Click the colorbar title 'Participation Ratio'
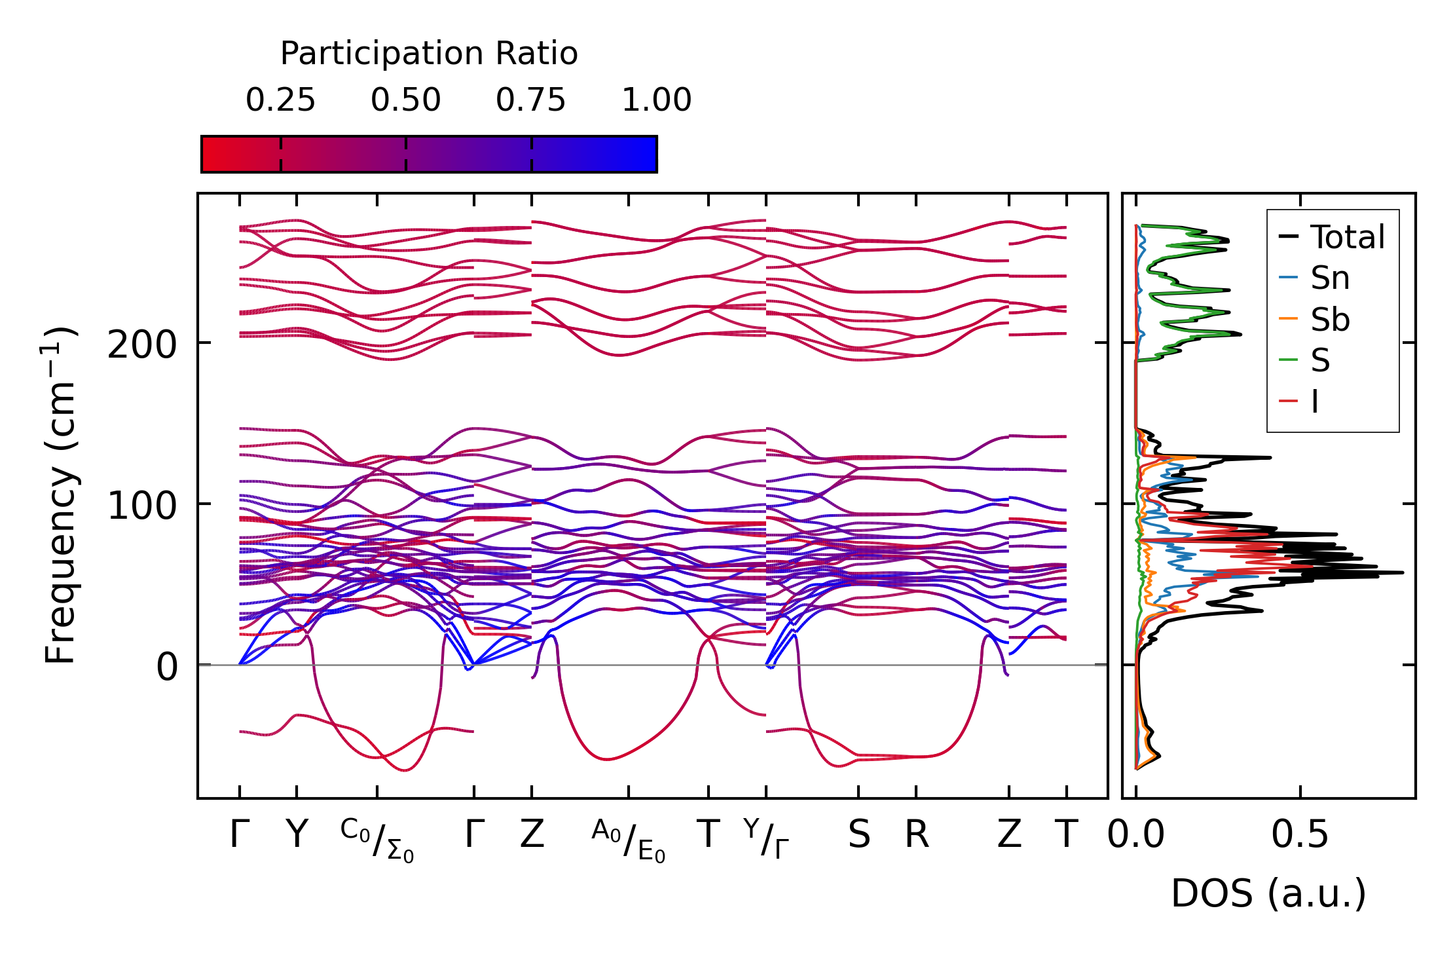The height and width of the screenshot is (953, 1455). pos(429,54)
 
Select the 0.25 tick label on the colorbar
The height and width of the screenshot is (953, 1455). pos(280,101)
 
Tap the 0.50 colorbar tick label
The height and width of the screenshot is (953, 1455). pos(405,101)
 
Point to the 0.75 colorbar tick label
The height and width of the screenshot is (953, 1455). pos(530,101)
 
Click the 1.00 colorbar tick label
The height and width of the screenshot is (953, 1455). pos(656,101)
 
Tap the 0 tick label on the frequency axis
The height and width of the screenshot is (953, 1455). pos(167,667)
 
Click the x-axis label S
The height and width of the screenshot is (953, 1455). pos(858,835)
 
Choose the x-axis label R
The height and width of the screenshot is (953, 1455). pos(916,835)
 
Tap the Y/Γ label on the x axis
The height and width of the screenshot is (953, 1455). pos(766,838)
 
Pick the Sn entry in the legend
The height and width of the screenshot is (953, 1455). pos(1329,278)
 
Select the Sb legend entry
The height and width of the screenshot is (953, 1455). pos(1329,320)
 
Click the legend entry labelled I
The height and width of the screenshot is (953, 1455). pos(1314,402)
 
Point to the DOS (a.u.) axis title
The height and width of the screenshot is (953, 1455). pos(1268,894)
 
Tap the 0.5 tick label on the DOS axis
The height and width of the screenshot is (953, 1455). pos(1300,835)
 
